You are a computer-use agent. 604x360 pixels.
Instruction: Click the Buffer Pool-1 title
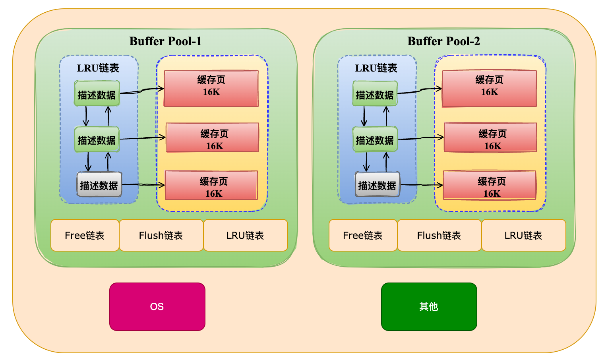(x=165, y=41)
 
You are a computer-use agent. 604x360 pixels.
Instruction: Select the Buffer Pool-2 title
(x=443, y=41)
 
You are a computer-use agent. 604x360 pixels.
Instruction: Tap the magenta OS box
(x=157, y=306)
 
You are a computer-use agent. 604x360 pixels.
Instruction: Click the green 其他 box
(x=429, y=306)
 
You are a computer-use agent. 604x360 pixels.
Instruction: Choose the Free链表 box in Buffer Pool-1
(x=85, y=235)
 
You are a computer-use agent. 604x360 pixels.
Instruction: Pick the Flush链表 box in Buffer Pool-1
(x=161, y=235)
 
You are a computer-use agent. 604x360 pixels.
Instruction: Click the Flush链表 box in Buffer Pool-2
(x=439, y=235)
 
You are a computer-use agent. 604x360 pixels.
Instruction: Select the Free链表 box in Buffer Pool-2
(x=363, y=235)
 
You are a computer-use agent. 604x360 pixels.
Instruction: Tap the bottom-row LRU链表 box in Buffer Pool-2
(x=523, y=235)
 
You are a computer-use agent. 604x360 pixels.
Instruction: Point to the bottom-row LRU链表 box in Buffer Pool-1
(x=245, y=235)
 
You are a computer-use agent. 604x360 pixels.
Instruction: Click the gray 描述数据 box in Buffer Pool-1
(x=99, y=185)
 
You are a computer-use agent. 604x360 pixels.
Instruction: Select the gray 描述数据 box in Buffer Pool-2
(x=377, y=185)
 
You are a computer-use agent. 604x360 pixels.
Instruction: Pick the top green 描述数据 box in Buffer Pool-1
(x=97, y=94)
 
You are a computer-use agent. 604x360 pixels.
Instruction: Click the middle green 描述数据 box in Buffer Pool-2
(x=375, y=139)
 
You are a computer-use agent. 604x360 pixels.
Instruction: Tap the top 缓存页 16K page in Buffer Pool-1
(x=211, y=88)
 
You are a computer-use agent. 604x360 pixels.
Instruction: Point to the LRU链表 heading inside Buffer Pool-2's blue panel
(x=376, y=68)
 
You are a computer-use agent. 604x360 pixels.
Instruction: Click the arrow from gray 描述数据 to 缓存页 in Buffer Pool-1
(x=143, y=185)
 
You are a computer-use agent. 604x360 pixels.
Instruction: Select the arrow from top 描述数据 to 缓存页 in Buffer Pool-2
(x=420, y=91)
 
